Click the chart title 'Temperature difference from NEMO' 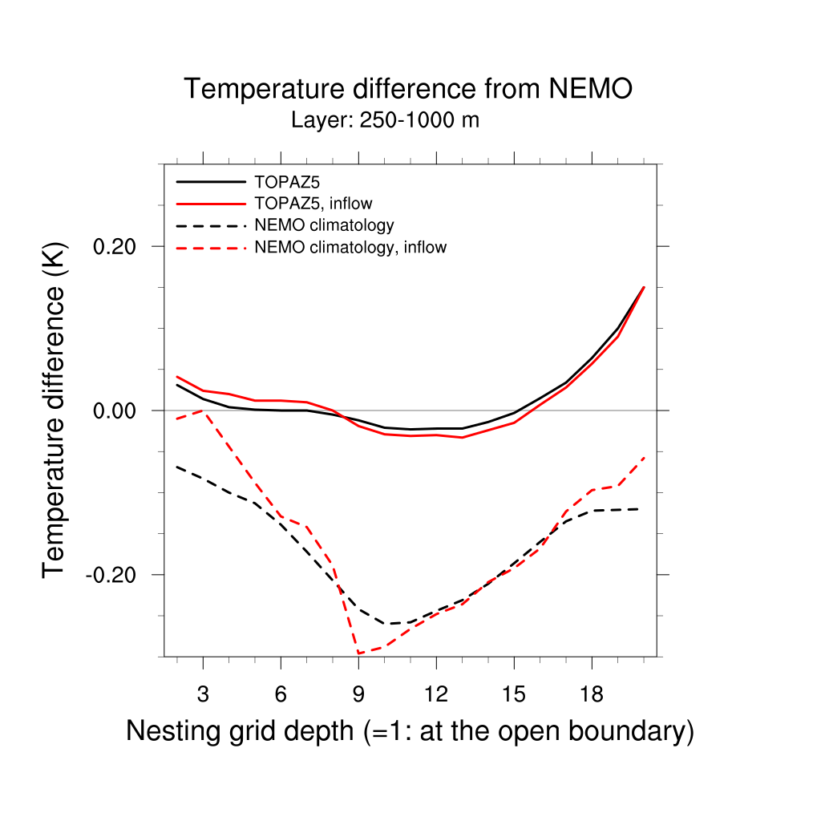point(408,89)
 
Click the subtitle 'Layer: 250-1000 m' point(385,121)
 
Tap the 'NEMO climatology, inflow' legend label point(350,247)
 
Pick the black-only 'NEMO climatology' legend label point(323,224)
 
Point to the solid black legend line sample point(210,180)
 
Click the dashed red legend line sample point(210,248)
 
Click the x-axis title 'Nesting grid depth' point(409,731)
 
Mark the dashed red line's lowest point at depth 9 point(358,653)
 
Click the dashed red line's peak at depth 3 point(203,410)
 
